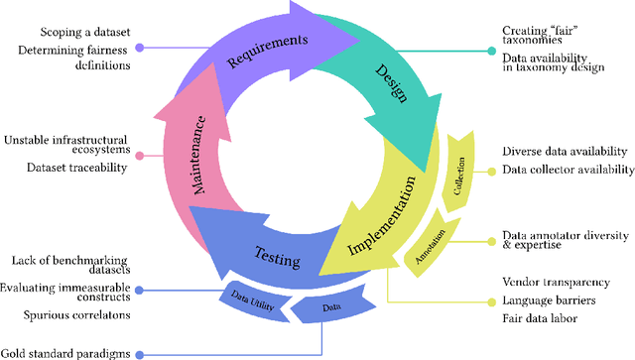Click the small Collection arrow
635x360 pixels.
(458, 166)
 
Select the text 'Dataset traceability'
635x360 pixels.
(76, 168)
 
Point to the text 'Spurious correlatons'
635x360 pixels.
(76, 315)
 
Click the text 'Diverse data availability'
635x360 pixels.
(565, 151)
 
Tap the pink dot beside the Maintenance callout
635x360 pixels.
(140, 155)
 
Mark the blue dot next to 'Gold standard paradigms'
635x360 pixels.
(140, 354)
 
